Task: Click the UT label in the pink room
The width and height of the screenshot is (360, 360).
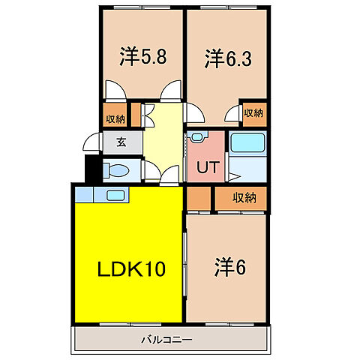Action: (x=207, y=166)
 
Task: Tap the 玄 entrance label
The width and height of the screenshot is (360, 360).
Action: (x=121, y=142)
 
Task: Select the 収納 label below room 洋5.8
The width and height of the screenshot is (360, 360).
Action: (x=115, y=117)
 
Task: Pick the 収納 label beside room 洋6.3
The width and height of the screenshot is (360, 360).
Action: (x=253, y=113)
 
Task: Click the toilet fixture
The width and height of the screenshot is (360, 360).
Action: (x=113, y=169)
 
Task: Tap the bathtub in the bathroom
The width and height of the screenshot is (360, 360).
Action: (x=245, y=142)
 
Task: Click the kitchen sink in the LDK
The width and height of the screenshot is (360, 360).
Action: (x=115, y=195)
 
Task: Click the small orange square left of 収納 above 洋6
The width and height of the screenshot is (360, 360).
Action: (x=199, y=199)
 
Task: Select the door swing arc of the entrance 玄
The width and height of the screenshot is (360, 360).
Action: (x=91, y=142)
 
